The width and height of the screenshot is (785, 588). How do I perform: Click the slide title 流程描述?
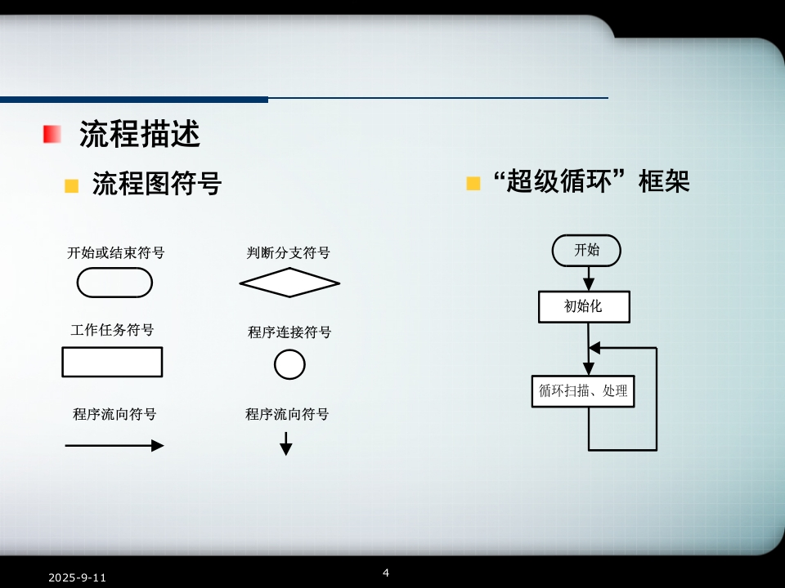point(139,134)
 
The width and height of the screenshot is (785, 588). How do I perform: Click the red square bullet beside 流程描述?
point(52,134)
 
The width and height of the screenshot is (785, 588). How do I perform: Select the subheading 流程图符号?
point(156,184)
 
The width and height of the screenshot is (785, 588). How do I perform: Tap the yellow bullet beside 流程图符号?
point(72,186)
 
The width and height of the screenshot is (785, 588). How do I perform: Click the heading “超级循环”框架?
point(592,181)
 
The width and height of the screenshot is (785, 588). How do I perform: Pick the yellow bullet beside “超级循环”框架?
point(473,183)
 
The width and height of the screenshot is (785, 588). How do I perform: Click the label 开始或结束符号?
point(115,253)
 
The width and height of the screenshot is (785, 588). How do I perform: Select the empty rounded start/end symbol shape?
point(114,283)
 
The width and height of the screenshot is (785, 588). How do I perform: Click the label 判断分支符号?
point(289,253)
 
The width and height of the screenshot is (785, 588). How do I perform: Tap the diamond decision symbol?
point(289,283)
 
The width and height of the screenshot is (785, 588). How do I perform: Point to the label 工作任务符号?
point(112,331)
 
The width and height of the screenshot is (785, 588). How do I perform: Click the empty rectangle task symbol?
point(112,362)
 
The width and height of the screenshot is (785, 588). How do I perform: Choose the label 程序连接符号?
point(289,332)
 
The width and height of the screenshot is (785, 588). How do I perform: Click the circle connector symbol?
point(289,364)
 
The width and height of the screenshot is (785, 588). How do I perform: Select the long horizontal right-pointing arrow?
point(114,446)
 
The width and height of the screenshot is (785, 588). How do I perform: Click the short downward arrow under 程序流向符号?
point(286,443)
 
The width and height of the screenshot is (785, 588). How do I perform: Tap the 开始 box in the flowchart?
point(586,250)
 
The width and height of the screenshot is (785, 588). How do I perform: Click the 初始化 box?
point(584,307)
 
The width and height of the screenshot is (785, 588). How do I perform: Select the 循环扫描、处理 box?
point(583,391)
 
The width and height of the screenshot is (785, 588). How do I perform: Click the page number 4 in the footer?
point(386,572)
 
